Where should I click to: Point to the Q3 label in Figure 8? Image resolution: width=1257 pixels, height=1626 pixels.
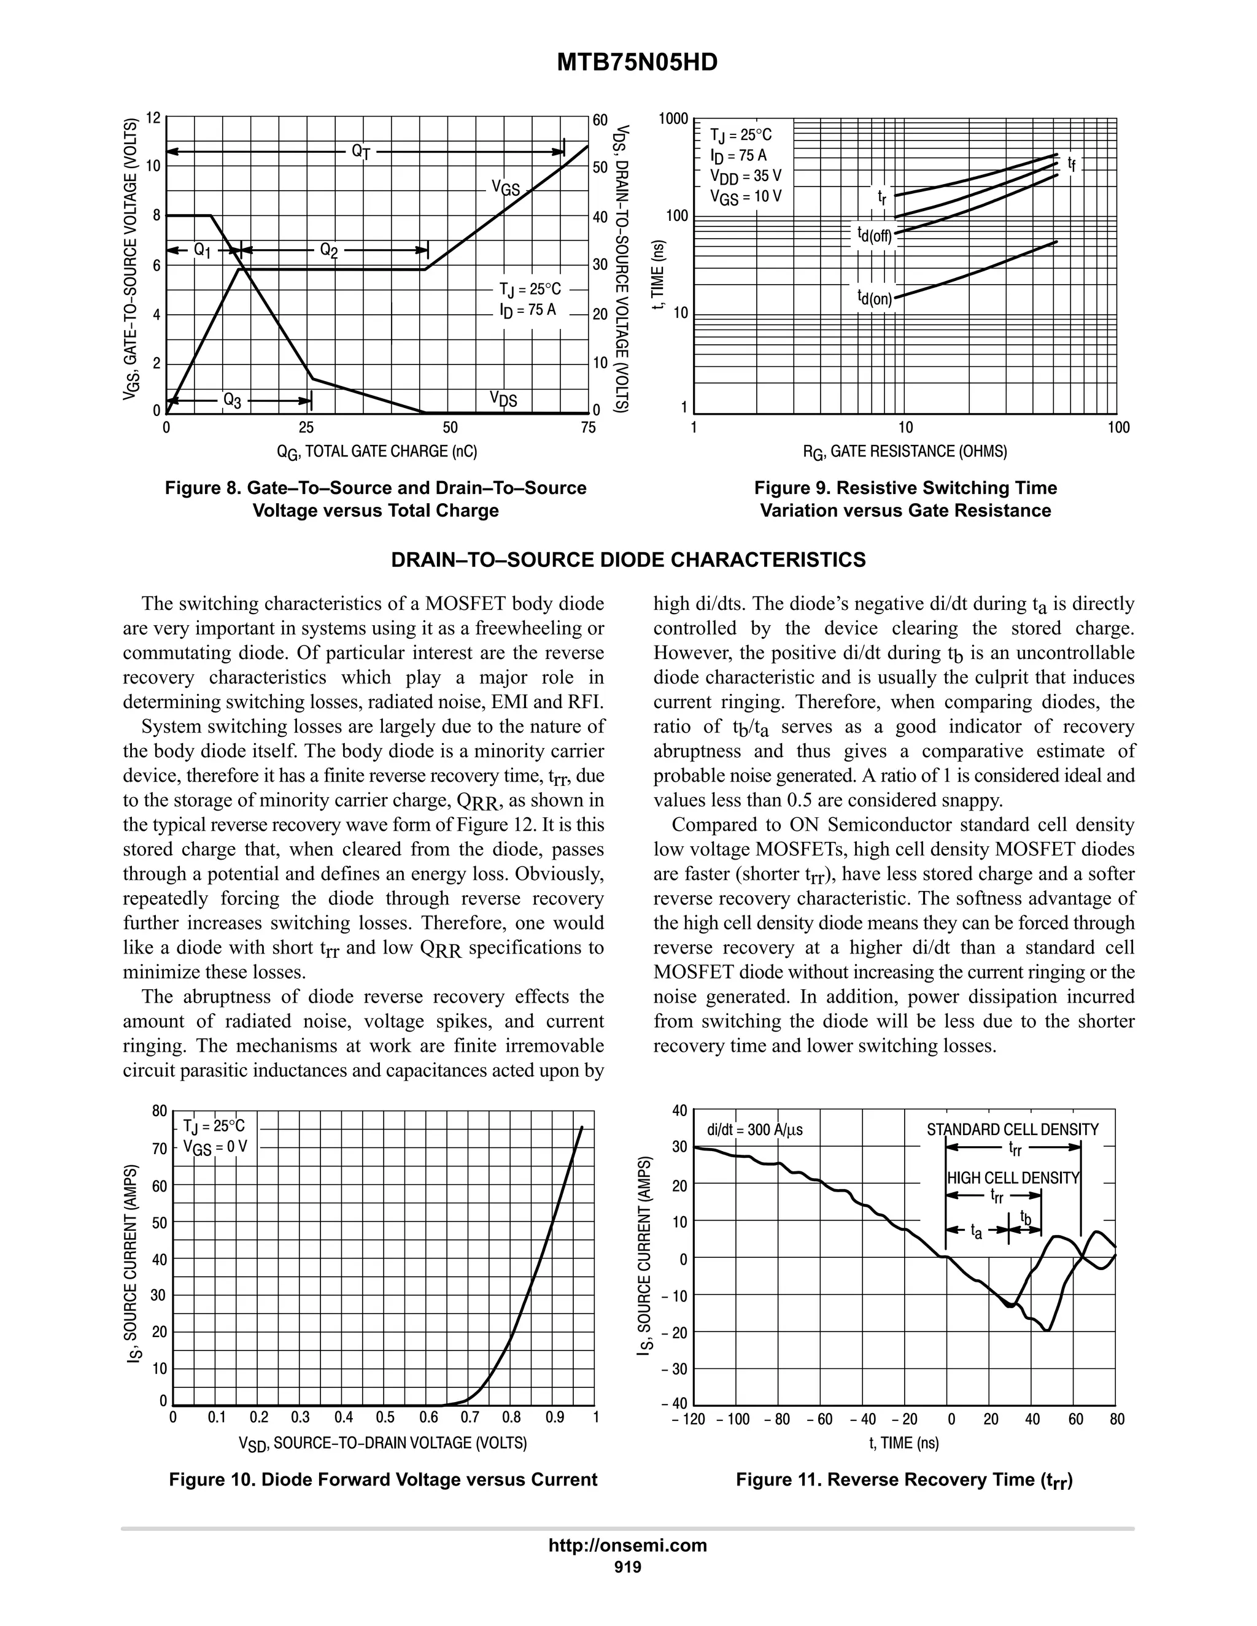[x=233, y=401]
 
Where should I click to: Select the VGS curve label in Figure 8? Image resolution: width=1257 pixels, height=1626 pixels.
[x=506, y=188]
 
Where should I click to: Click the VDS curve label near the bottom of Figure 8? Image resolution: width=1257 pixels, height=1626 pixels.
[x=503, y=400]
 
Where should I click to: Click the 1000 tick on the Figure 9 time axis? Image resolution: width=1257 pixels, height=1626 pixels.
[x=675, y=119]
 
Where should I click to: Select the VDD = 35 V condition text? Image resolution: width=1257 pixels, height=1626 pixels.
[x=745, y=177]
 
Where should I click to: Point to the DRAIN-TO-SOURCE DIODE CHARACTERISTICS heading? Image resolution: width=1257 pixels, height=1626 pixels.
[x=628, y=560]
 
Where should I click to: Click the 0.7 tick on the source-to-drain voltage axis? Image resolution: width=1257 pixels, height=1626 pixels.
[x=470, y=1417]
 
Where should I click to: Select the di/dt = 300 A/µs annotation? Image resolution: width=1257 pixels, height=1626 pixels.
[x=754, y=1130]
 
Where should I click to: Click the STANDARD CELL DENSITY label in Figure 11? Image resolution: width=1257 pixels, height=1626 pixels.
[x=1012, y=1130]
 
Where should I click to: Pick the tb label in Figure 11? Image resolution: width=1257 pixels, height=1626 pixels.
[x=1026, y=1218]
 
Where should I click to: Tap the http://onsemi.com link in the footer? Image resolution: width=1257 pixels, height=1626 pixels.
[x=628, y=1545]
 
